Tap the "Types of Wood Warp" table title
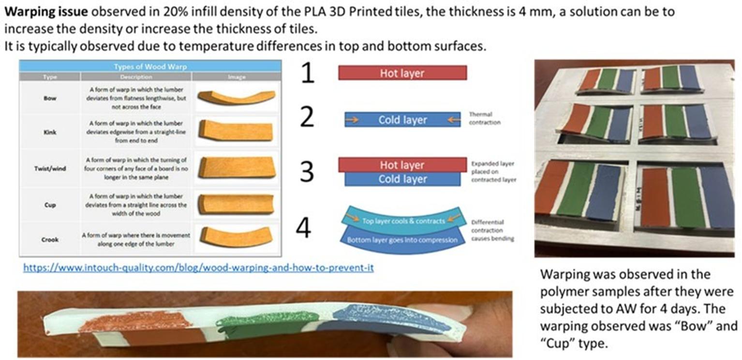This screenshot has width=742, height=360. [150, 67]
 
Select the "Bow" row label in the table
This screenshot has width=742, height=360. [50, 98]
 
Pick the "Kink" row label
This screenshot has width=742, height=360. [50, 132]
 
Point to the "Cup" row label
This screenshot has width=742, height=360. [50, 205]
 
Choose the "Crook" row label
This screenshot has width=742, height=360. [50, 240]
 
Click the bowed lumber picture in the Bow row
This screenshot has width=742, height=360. [236, 97]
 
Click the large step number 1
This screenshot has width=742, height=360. [308, 74]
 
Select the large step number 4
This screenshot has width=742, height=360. [303, 228]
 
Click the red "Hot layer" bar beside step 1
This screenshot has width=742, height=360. [402, 73]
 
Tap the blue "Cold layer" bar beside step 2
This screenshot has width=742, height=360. [402, 120]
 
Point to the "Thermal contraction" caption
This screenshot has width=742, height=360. [485, 119]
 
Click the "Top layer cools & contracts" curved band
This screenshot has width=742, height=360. [403, 221]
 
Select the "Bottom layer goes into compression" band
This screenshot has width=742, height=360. [402, 240]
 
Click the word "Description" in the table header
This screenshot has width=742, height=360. [136, 77]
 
